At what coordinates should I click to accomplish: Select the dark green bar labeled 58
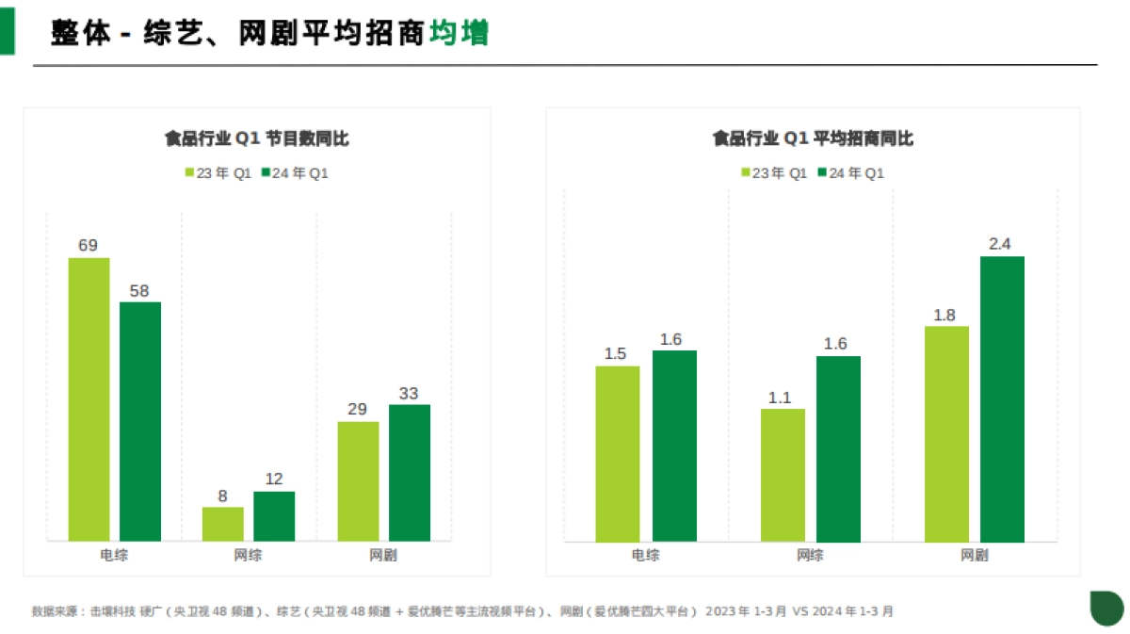140,421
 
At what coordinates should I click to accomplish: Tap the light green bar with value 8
222,524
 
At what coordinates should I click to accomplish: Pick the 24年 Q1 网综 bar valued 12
274,516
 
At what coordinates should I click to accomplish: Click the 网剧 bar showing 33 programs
410,473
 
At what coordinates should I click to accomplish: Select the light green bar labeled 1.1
783,475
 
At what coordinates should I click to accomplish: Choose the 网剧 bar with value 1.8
946,433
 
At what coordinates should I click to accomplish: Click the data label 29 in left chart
357,410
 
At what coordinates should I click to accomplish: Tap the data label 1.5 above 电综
615,354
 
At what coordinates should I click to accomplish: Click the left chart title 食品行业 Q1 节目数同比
257,138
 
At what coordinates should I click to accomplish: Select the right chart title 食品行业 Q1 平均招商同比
813,138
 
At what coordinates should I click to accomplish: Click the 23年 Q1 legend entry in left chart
218,173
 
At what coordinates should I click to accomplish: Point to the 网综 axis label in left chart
249,556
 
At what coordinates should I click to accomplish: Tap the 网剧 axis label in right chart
975,556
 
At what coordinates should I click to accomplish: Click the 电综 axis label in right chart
645,556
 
